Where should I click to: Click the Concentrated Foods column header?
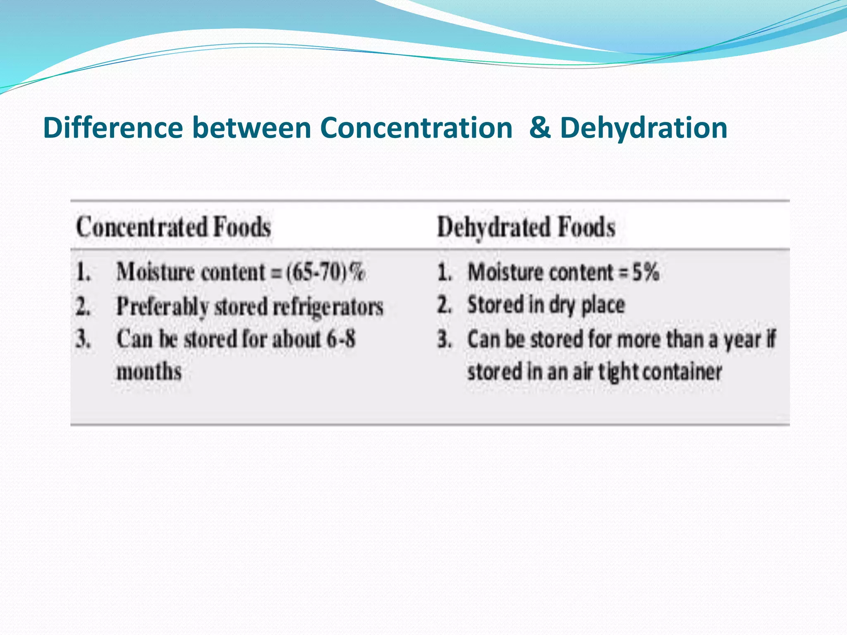[173, 227]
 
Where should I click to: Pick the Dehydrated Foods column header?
[526, 227]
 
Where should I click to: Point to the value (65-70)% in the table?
[325, 272]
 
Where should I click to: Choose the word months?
[149, 371]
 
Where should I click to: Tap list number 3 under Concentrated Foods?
[83, 339]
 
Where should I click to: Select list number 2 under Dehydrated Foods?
[444, 305]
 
